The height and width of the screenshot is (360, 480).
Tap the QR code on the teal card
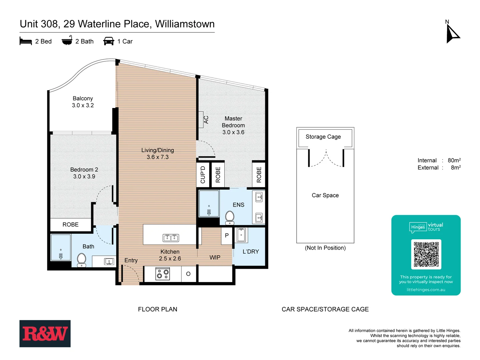pyautogui.click(x=426, y=254)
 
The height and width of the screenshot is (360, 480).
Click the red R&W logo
pyautogui.click(x=45, y=334)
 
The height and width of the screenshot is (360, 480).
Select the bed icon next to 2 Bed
pyautogui.click(x=26, y=41)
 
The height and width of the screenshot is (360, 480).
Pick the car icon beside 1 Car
pyautogui.click(x=109, y=41)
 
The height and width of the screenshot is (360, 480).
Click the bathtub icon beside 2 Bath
pyautogui.click(x=67, y=41)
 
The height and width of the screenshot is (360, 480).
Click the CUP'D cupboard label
pyautogui.click(x=203, y=175)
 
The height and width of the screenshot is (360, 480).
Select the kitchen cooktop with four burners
pyautogui.click(x=163, y=274)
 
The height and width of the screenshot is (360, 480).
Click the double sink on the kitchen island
pyautogui.click(x=171, y=238)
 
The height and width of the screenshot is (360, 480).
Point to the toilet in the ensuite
pyautogui.click(x=230, y=217)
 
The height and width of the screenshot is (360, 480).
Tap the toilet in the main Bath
pyautogui.click(x=81, y=260)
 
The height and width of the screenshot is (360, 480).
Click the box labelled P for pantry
pyautogui.click(x=227, y=236)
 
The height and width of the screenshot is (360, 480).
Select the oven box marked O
pyautogui.click(x=188, y=274)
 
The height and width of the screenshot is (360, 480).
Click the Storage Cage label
pyautogui.click(x=323, y=137)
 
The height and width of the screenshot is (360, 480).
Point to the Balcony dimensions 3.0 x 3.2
pyautogui.click(x=83, y=105)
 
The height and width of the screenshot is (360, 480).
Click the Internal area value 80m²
pyautogui.click(x=454, y=160)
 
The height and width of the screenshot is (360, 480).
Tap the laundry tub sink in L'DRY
pyautogui.click(x=241, y=235)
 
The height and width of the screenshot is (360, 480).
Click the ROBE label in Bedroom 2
pyautogui.click(x=71, y=225)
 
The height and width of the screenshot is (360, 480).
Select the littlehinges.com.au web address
pyautogui.click(x=426, y=290)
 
